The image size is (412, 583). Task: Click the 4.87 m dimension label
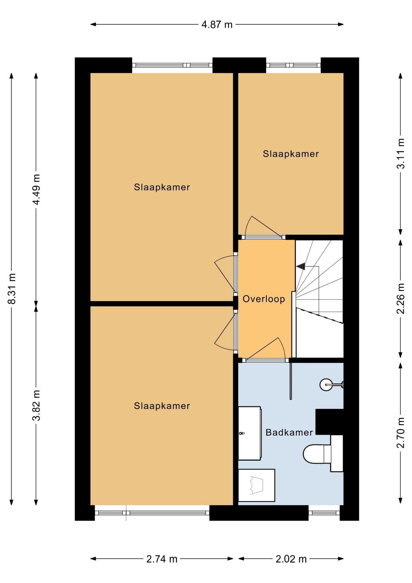[217, 24]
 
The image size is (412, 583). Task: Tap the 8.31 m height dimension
[12, 288]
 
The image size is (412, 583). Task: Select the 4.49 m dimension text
[36, 189]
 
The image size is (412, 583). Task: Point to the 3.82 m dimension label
[36, 405]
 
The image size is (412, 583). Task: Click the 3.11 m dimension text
[401, 153]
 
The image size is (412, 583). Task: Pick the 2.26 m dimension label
[401, 298]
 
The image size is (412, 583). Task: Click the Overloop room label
[264, 299]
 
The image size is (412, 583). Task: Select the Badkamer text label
[289, 432]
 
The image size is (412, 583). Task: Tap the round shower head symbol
[326, 385]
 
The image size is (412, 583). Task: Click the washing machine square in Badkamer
[257, 485]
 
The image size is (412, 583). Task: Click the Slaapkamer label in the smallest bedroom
[291, 154]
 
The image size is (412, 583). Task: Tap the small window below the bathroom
[324, 513]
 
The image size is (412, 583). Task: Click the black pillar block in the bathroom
[329, 422]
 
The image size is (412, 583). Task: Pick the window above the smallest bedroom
[293, 65]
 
